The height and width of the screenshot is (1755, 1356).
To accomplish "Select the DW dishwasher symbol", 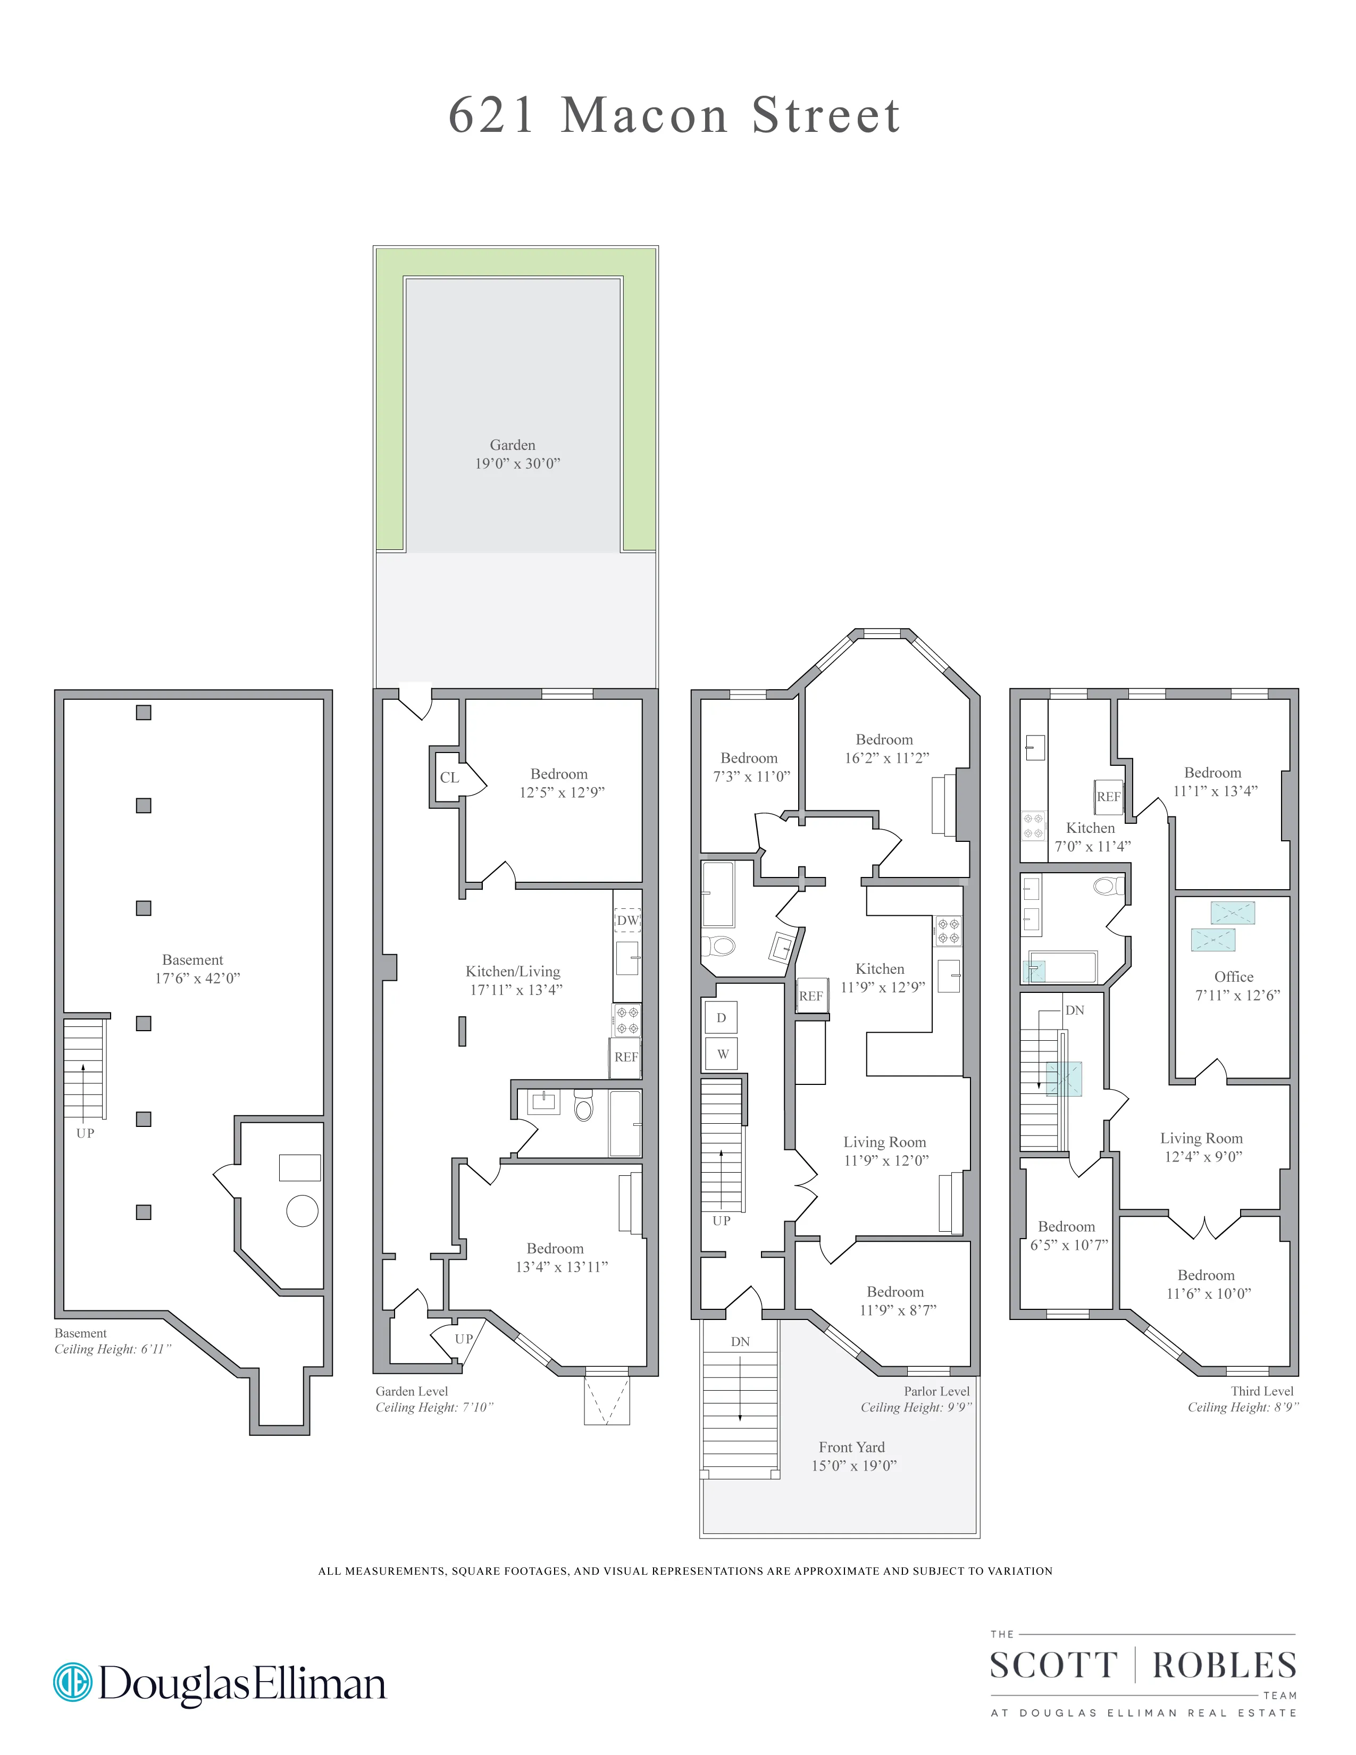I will (627, 920).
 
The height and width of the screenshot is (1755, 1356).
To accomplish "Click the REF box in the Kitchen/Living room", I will (626, 1057).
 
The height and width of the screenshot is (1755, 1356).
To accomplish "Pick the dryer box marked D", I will (721, 1018).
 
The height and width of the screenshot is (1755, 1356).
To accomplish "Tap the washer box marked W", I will (722, 1054).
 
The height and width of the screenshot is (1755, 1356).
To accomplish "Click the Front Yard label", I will (852, 1456).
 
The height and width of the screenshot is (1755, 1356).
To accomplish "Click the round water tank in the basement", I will (302, 1211).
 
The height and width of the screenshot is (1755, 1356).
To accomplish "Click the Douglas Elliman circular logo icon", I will (73, 1682).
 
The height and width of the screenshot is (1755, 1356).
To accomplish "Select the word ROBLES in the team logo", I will (1224, 1666).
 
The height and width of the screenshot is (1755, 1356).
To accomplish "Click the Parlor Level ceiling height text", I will (916, 1407).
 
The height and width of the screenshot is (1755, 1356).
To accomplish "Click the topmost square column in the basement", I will (144, 712).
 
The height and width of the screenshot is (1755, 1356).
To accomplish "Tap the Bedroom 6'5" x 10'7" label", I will (1068, 1235).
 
